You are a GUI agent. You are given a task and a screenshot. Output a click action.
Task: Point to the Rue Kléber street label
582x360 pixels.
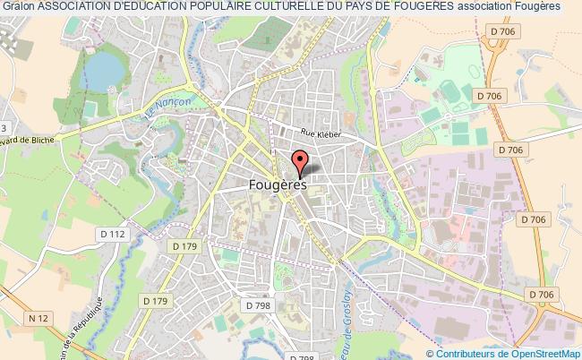click(321, 133)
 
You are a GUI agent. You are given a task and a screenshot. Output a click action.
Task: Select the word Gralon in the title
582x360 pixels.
click(17, 6)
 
